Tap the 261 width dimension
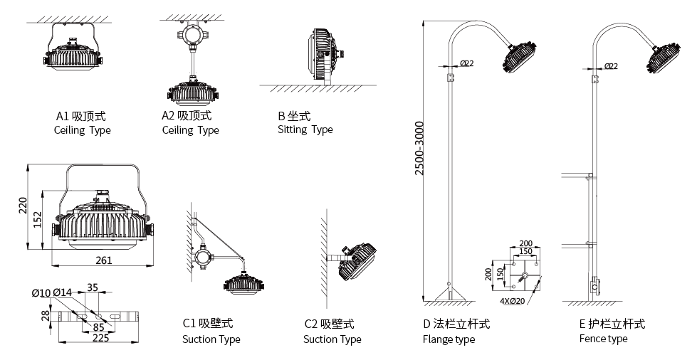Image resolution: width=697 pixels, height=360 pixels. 104,260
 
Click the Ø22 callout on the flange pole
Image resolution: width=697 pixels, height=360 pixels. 467,63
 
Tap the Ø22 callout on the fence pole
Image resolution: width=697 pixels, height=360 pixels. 610,65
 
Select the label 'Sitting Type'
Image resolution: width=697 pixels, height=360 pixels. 305,129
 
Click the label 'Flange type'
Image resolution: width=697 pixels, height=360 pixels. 449,339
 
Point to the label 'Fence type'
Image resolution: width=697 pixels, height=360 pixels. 604,339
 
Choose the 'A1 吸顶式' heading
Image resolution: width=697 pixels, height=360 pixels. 80,116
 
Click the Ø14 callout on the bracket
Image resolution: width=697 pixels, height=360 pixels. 63,292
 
